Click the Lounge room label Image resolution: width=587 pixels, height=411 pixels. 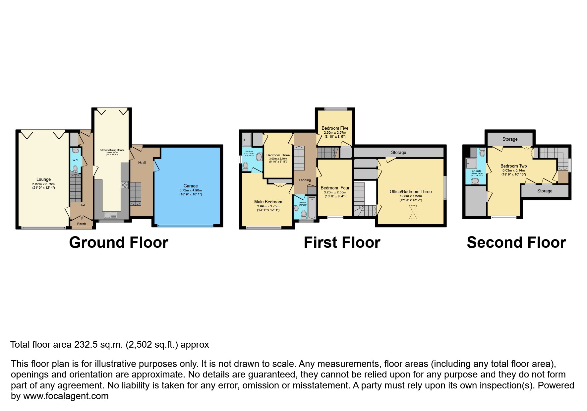[43, 179]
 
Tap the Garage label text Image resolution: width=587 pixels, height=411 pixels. [191, 186]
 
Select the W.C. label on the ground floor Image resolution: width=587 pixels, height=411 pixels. [75, 161]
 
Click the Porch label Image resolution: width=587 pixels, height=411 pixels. [82, 224]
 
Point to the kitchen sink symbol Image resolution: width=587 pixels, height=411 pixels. [108, 215]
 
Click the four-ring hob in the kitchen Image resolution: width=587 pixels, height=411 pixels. [125, 185]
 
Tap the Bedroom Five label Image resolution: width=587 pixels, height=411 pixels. [335, 128]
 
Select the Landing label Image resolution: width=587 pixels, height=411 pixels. [305, 180]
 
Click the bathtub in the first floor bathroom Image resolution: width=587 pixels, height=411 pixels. [312, 208]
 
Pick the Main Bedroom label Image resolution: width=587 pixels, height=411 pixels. [268, 202]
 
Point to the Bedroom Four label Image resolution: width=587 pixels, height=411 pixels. [335, 188]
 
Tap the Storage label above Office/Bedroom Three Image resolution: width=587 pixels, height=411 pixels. [398, 153]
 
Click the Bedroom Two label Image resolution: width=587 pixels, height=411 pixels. [513, 166]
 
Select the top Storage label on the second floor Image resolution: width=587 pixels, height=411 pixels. [510, 139]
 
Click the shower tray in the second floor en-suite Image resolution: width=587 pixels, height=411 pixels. [471, 163]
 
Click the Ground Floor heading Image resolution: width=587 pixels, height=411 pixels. [118, 242]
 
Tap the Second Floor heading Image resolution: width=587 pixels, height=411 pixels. [516, 242]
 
